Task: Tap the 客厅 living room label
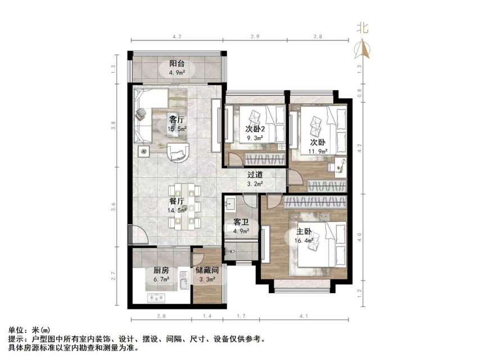coord(176,119)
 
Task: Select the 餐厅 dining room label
coord(176,201)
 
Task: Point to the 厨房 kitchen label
coord(161,271)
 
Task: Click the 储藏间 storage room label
coord(207,271)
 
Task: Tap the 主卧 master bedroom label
coord(305,232)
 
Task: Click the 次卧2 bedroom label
coord(255,128)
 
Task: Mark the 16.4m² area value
coord(305,242)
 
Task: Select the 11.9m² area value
coord(316,152)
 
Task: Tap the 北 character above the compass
coord(363,28)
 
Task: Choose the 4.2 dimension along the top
coord(176,37)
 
